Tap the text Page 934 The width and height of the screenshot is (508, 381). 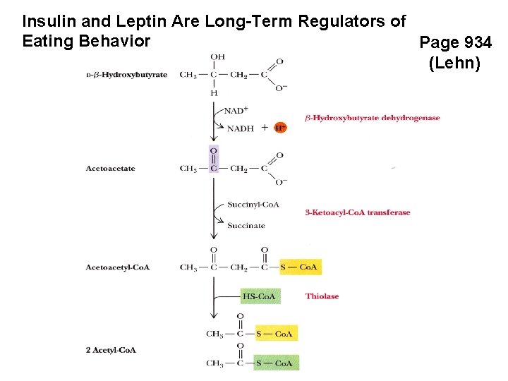[x=455, y=42]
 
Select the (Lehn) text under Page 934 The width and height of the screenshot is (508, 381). [x=455, y=64]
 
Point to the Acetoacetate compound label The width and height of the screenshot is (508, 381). [x=111, y=169]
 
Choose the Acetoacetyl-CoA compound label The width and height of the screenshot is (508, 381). [x=118, y=267]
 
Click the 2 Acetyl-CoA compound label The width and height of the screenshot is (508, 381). [x=111, y=350]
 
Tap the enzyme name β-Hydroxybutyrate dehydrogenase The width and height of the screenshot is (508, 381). [x=372, y=118]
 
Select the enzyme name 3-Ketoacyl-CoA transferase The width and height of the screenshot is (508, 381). [x=357, y=212]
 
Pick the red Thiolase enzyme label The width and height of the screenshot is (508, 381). [x=322, y=296]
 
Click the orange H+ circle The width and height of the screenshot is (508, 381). [x=280, y=128]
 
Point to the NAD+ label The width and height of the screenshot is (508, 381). [x=236, y=109]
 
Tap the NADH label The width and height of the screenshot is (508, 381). [x=240, y=128]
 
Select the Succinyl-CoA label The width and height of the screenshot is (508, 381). [x=253, y=205]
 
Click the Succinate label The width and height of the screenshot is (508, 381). [x=246, y=226]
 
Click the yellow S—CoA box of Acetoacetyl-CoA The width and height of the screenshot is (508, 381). [x=300, y=267]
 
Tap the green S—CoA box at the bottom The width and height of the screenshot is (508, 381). [x=276, y=363]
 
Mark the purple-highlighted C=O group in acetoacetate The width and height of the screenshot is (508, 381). [x=214, y=159]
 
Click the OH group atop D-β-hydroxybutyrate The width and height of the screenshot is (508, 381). [x=217, y=56]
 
